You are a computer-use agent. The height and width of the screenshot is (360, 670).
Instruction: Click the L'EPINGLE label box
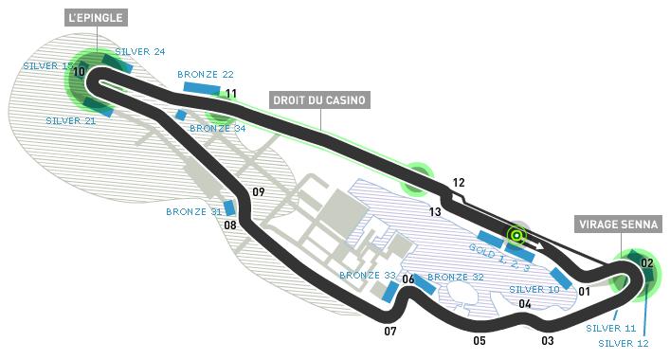(x=96, y=18)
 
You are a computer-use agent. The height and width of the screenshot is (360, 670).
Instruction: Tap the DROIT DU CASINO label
(x=318, y=99)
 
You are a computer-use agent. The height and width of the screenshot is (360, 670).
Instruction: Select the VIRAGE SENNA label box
(x=617, y=225)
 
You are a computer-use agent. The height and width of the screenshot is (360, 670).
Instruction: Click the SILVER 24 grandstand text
(x=139, y=51)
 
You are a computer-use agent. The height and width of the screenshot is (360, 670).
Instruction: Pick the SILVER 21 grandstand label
(x=70, y=120)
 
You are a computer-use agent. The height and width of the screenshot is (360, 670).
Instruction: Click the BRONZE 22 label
(x=205, y=73)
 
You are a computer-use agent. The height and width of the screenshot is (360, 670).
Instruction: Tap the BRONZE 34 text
(x=217, y=128)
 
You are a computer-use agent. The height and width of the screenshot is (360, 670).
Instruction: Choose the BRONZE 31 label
(x=193, y=211)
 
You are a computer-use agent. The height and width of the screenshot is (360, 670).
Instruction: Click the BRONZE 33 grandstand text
(x=368, y=275)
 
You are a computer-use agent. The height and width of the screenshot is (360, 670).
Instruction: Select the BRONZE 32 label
(x=455, y=277)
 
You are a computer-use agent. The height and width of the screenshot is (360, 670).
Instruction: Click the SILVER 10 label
(x=534, y=289)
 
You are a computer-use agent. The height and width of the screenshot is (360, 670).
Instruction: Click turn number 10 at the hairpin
(x=78, y=72)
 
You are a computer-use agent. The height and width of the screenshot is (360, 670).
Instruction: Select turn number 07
(x=389, y=331)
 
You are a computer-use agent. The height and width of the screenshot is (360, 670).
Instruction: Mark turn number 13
(x=435, y=211)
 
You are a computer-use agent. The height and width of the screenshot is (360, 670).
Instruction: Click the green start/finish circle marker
(x=516, y=235)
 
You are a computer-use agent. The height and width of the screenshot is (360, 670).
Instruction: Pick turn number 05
(x=480, y=340)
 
